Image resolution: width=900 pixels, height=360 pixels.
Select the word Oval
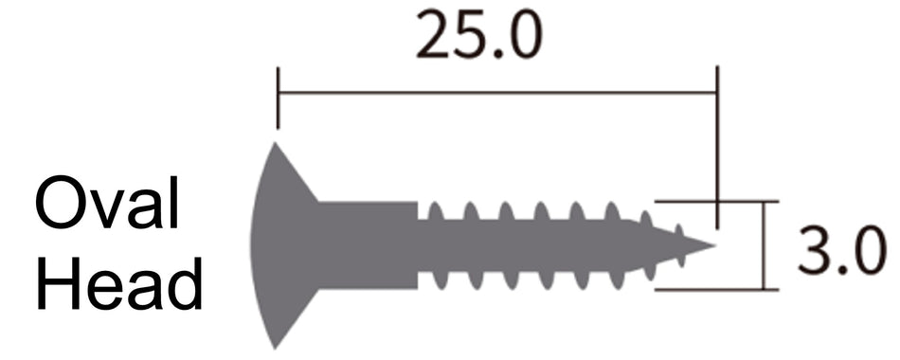click(x=108, y=206)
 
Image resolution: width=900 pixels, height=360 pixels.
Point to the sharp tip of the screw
click(x=711, y=246)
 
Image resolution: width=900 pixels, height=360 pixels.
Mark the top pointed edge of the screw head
click(x=276, y=147)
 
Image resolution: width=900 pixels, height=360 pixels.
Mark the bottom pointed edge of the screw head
click(x=276, y=346)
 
